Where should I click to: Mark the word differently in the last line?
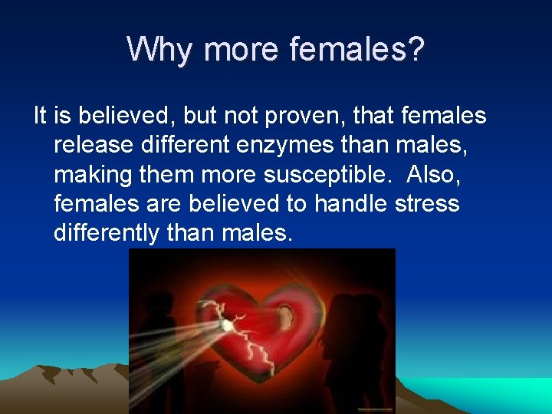pyautogui.click(x=107, y=232)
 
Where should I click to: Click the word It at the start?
pyautogui.click(x=41, y=116)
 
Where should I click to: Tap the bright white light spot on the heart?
pyautogui.click(x=227, y=325)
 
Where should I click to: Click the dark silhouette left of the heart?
pyautogui.click(x=165, y=337)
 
